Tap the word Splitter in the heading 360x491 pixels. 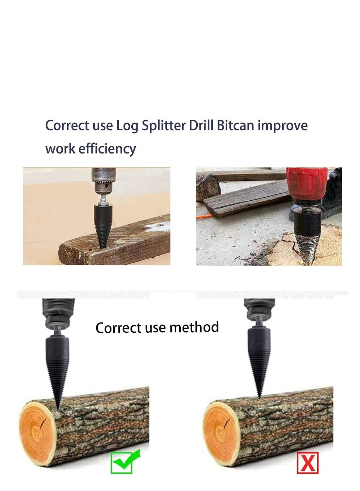click(164, 126)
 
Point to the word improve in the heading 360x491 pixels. click(283, 126)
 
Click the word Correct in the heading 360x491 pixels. click(67, 126)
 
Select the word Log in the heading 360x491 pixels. click(127, 126)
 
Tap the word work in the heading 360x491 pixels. click(60, 149)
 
